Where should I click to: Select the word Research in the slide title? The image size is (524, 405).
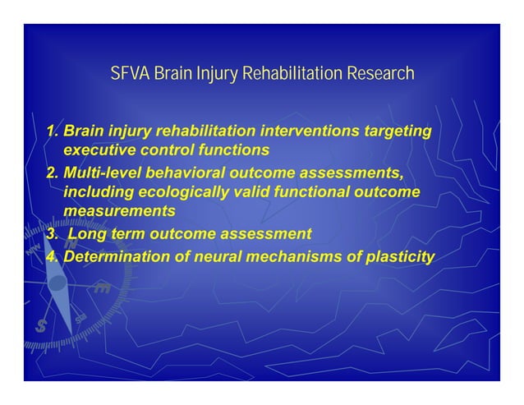[380, 75]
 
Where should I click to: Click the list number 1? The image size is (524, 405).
[51, 131]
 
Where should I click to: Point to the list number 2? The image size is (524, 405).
[51, 173]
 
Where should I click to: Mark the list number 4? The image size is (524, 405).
[51, 258]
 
